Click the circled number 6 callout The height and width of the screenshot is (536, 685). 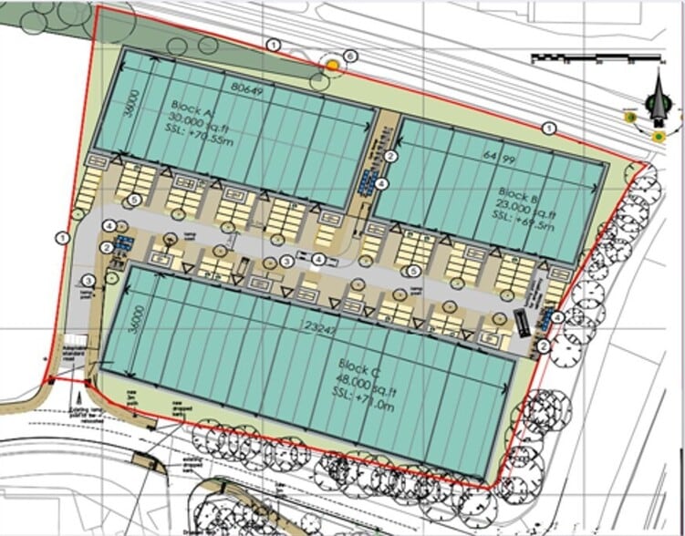(x=350, y=57)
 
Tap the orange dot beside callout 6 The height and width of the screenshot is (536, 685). (x=334, y=65)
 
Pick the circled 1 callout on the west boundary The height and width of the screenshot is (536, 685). (x=62, y=238)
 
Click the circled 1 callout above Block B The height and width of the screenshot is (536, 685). (x=548, y=129)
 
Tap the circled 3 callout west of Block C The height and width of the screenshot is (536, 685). (x=88, y=280)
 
